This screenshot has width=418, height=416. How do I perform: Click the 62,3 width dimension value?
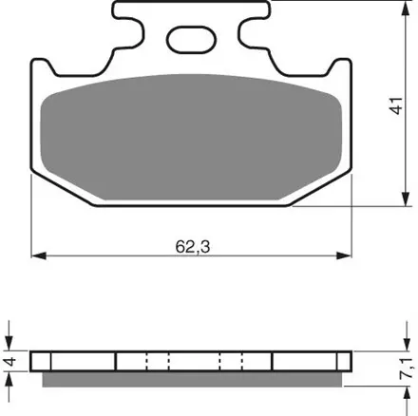[x=193, y=247]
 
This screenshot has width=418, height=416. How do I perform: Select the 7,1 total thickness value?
[x=408, y=368]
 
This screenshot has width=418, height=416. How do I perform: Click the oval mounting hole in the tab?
[x=192, y=40]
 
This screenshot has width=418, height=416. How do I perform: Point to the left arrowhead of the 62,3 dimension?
[x=39, y=255]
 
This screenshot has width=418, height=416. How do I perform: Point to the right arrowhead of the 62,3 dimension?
[x=344, y=255]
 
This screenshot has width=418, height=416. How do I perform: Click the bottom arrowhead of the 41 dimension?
[x=406, y=199]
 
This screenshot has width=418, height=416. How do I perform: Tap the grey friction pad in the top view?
[x=192, y=138]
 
